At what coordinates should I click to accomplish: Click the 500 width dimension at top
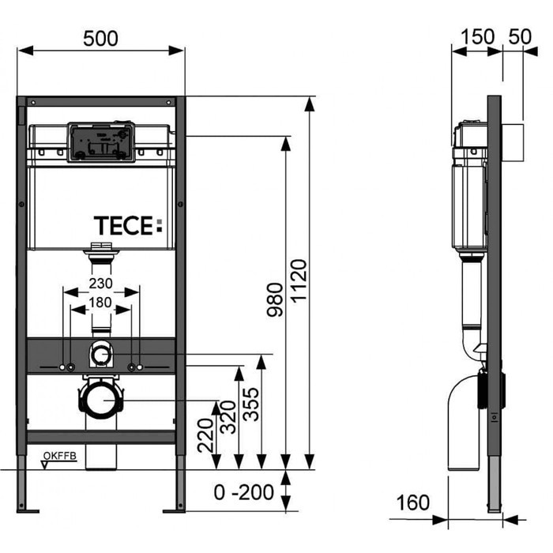tap(101, 36)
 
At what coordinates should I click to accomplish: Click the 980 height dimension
tap(273, 299)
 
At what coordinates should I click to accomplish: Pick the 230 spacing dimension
tap(101, 283)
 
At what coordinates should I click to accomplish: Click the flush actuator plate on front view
tap(100, 141)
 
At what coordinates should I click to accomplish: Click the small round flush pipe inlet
tap(100, 355)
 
